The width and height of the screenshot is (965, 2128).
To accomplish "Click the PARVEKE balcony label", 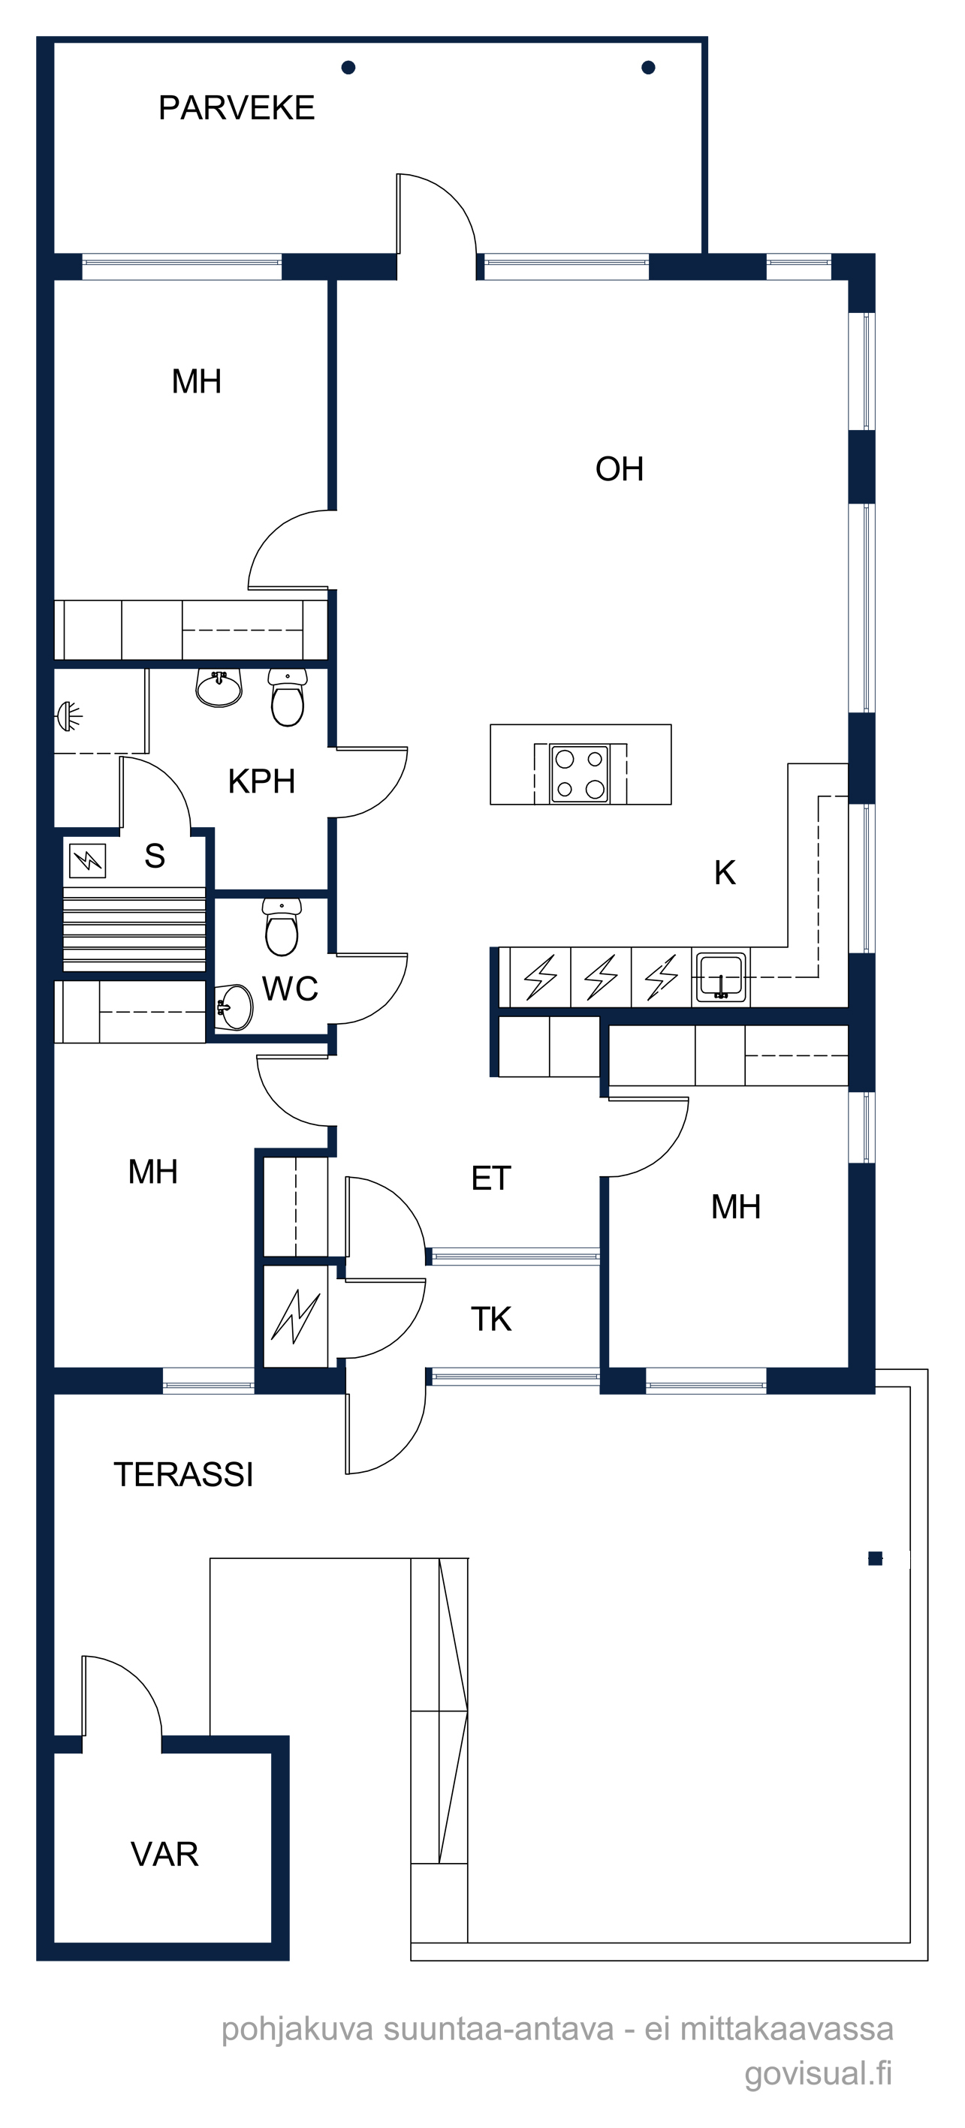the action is point(237,108).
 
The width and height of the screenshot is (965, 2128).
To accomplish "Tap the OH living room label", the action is point(619,469).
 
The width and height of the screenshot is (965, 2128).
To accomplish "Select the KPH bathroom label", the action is point(261,781).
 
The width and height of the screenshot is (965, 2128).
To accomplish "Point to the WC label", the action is point(290,989).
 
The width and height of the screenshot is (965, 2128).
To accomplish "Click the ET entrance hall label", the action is point(491,1178).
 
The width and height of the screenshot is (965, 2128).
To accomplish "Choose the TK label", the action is point(491,1320).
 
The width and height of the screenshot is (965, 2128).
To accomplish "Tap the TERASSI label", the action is point(183,1474).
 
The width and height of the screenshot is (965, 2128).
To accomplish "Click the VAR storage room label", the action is point(164,1855).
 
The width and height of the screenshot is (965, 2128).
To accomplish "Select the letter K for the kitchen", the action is point(725,873).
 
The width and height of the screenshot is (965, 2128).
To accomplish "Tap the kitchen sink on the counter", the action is point(720,977).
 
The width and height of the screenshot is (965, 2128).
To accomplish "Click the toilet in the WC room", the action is point(282,926).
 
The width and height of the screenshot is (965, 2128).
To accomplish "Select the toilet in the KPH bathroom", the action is point(288,697).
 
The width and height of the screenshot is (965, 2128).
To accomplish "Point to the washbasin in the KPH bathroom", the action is point(219,688).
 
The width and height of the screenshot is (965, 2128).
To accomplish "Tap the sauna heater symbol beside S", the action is point(87,861).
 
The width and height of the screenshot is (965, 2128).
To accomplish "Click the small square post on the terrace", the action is point(875,1559).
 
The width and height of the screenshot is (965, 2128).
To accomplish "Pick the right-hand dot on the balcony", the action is point(649,68).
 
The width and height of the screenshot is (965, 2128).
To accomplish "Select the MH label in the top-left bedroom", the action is point(197,381).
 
